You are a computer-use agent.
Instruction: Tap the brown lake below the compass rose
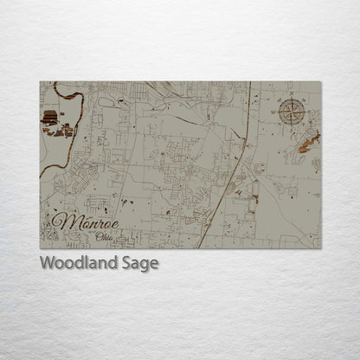coord(308,141)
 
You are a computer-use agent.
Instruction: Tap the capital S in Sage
coord(126,263)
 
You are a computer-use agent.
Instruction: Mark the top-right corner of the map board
coord(321,82)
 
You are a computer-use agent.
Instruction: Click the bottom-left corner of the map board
coord(40,248)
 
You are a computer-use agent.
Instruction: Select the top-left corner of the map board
coord(40,82)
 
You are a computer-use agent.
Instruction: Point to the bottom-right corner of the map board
coord(321,248)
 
